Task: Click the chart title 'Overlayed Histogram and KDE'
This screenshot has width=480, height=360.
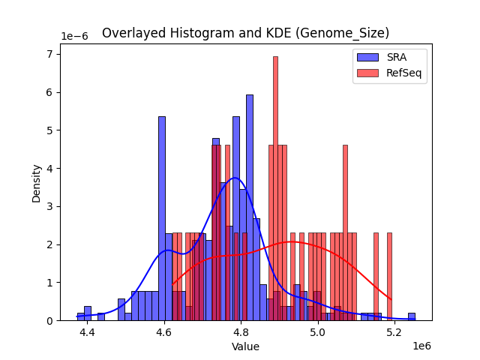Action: [245, 33]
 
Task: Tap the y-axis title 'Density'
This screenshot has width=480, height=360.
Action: [36, 182]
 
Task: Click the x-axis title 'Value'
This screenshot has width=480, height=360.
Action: [245, 346]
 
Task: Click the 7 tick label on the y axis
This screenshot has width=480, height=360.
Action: [50, 54]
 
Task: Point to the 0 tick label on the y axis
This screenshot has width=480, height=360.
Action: [50, 321]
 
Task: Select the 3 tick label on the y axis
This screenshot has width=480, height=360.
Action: [50, 206]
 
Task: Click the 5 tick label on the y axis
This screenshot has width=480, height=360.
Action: [50, 130]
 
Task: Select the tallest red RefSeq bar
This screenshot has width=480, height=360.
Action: [275, 187]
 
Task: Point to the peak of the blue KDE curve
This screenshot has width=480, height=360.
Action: [235, 178]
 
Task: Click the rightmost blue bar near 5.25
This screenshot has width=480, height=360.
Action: [412, 316]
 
